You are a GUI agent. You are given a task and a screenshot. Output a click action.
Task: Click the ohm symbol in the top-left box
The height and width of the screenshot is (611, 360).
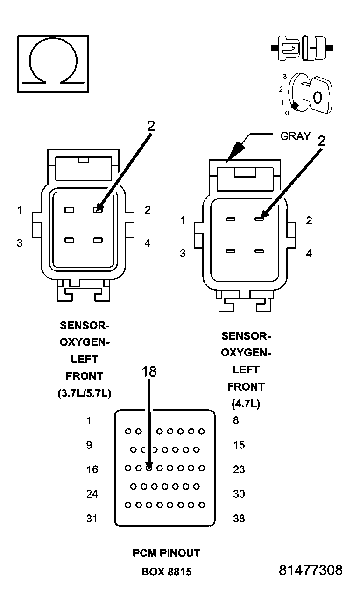click(x=53, y=63)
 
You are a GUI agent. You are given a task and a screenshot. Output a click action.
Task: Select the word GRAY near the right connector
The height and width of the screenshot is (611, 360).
click(x=295, y=136)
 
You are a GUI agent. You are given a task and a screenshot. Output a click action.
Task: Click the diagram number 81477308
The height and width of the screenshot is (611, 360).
click(x=311, y=570)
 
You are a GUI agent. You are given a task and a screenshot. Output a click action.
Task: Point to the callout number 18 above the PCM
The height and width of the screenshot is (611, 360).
click(x=149, y=372)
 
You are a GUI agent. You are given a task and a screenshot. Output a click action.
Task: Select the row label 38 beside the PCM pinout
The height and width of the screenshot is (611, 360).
click(x=239, y=519)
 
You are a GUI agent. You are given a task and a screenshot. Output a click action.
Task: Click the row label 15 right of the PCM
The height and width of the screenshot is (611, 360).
click(x=239, y=445)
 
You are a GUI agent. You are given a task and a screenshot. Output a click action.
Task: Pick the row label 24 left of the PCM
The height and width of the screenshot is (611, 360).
click(x=92, y=494)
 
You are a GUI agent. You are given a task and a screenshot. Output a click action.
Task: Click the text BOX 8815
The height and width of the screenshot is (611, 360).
click(x=166, y=572)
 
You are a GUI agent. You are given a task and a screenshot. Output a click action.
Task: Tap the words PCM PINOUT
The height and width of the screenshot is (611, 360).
click(x=166, y=553)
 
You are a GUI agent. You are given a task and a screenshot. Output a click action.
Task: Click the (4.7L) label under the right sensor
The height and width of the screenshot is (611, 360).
click(x=246, y=404)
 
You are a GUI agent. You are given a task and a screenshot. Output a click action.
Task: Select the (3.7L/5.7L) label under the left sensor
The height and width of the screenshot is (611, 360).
click(x=85, y=393)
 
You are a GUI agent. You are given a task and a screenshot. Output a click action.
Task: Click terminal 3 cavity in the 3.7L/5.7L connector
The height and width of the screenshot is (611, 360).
click(x=69, y=240)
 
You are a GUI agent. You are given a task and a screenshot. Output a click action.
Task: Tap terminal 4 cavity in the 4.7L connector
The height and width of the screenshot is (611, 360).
click(x=260, y=251)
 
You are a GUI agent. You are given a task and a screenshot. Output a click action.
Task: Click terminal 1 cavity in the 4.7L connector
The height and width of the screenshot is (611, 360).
click(x=231, y=219)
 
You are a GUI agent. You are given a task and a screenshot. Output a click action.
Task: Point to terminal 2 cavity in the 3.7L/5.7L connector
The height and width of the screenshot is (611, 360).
click(x=98, y=210)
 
